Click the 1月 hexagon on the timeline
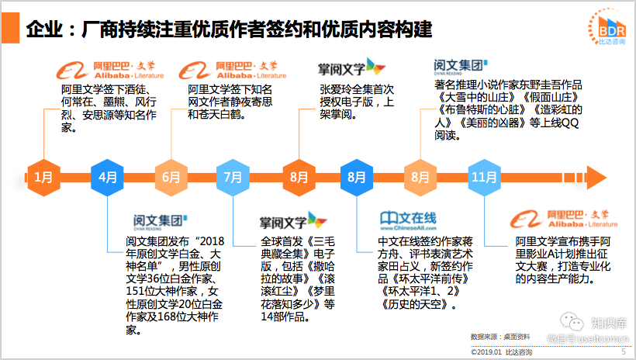tap(44, 177)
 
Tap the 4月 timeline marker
tap(107, 177)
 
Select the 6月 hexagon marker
tap(171, 177)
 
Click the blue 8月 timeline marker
tap(357, 177)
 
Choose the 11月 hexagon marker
tap(483, 177)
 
